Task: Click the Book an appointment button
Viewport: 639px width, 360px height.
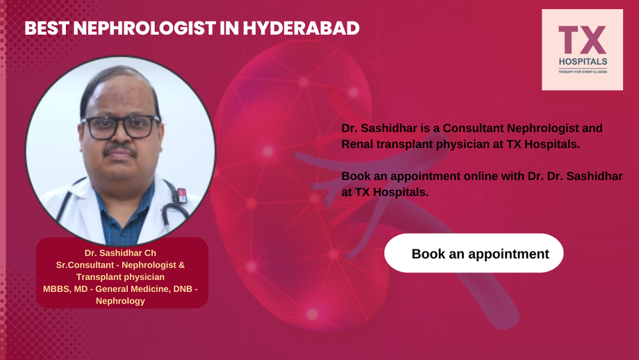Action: pyautogui.click(x=474, y=254)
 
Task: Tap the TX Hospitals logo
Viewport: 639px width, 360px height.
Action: pyautogui.click(x=582, y=50)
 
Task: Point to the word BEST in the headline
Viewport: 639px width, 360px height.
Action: pyautogui.click(x=46, y=28)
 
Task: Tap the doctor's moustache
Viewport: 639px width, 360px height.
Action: pyautogui.click(x=120, y=149)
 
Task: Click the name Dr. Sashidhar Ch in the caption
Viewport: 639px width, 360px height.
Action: pyautogui.click(x=122, y=252)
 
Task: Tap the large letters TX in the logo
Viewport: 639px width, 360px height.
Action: pyautogui.click(x=582, y=40)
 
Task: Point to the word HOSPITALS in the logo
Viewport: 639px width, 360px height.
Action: pyautogui.click(x=582, y=61)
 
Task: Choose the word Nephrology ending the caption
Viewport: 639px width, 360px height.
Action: pyautogui.click(x=122, y=301)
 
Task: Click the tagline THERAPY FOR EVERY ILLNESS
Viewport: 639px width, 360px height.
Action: pyautogui.click(x=582, y=71)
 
